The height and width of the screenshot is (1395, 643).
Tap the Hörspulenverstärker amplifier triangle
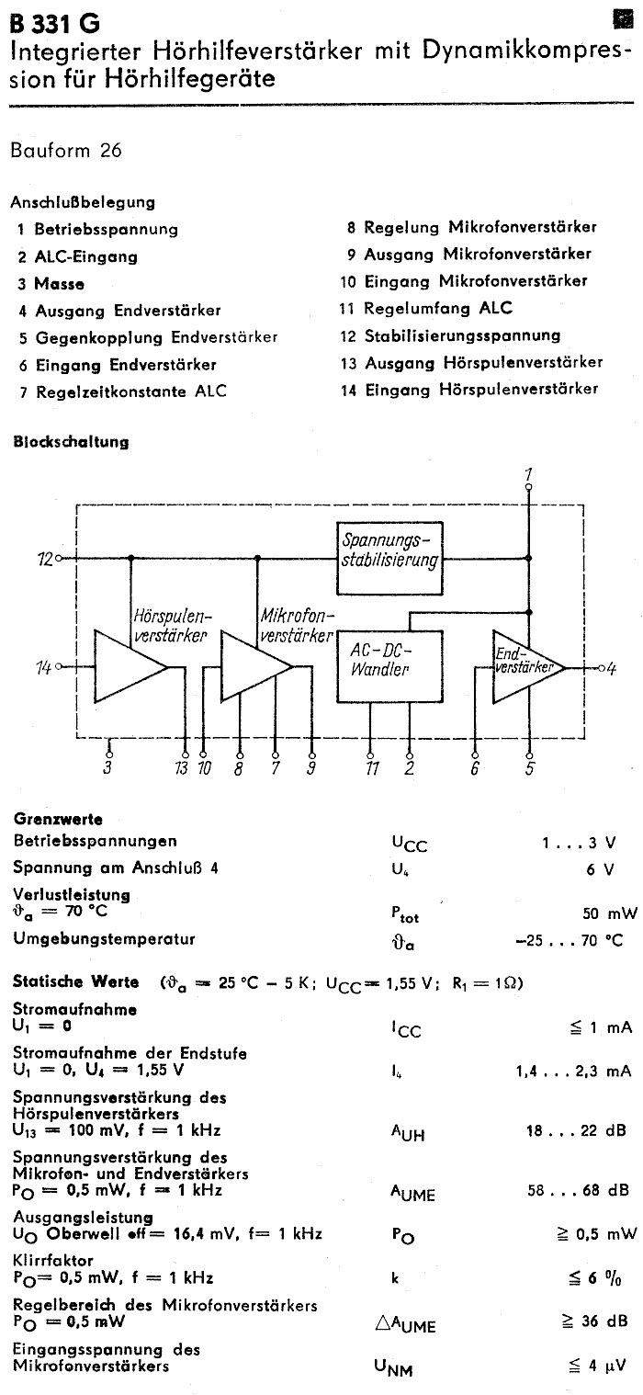(x=129, y=666)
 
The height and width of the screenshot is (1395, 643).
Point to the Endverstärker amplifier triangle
(x=525, y=666)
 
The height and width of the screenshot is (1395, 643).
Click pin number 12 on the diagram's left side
(x=43, y=558)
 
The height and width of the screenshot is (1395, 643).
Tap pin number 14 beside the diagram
(x=43, y=667)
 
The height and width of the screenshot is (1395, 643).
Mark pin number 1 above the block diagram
(x=528, y=474)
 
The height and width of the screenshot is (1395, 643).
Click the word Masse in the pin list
(x=60, y=284)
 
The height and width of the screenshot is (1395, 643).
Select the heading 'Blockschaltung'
(x=71, y=442)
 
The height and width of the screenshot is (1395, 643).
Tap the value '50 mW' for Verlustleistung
(x=609, y=913)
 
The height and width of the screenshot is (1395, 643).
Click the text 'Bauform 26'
(x=66, y=151)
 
